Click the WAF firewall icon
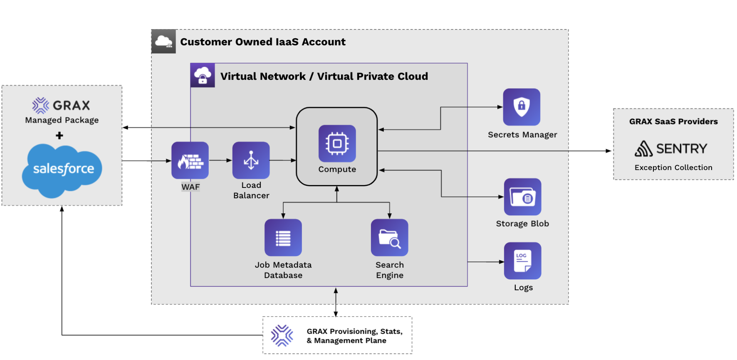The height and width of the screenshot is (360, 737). [190, 160]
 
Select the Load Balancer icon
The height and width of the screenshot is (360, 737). [251, 160]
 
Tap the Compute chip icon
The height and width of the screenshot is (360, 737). [337, 143]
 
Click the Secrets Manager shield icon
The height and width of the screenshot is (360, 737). [522, 107]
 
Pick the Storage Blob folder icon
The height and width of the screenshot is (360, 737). [522, 197]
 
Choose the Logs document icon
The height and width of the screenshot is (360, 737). [522, 261]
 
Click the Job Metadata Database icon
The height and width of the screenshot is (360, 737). [283, 237]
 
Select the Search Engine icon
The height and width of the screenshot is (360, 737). [389, 237]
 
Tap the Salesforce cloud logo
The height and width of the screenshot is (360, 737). [62, 170]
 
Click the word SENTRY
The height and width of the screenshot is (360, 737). [681, 148]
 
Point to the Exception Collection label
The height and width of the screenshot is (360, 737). [673, 168]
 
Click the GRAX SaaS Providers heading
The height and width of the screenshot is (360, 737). [673, 121]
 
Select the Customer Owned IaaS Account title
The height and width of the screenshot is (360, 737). [262, 42]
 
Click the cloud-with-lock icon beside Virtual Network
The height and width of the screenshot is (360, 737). [203, 75]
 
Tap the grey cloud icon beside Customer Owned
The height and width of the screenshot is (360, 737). [163, 41]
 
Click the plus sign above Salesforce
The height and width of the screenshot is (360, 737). [59, 136]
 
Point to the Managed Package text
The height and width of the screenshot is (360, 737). [62, 120]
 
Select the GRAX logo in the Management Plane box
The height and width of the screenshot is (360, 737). [282, 335]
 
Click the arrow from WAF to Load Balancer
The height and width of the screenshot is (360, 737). [220, 160]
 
